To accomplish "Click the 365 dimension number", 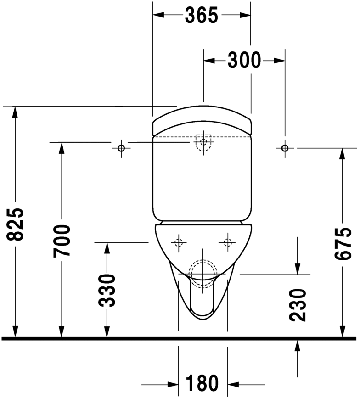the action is pos(201,15).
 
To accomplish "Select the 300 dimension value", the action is pos(244,61).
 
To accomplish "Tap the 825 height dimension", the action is pos(15,224).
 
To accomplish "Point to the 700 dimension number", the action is pos(62,241).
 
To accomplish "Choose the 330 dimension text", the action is pos(107,290).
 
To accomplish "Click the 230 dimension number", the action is pos(298,305).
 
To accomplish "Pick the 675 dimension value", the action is pos(343,244).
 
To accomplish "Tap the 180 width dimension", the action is pos(202,382).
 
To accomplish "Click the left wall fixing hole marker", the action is pos(121,148).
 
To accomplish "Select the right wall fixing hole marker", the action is pos(285,148).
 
